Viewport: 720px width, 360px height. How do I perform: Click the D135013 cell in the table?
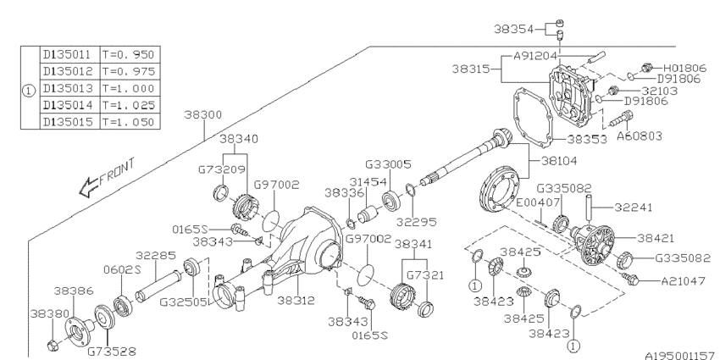pos(68,88)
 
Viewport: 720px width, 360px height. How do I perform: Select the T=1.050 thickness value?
pos(129,122)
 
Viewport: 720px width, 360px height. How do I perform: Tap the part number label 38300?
pos(203,114)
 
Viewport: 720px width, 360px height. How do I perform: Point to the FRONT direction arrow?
pos(89,187)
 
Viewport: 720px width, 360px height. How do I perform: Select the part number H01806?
pos(684,68)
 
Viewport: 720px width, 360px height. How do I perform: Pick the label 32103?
pos(659,91)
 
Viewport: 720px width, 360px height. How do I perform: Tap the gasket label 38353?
pos(587,139)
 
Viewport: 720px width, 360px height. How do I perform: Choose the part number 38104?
pos(559,161)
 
